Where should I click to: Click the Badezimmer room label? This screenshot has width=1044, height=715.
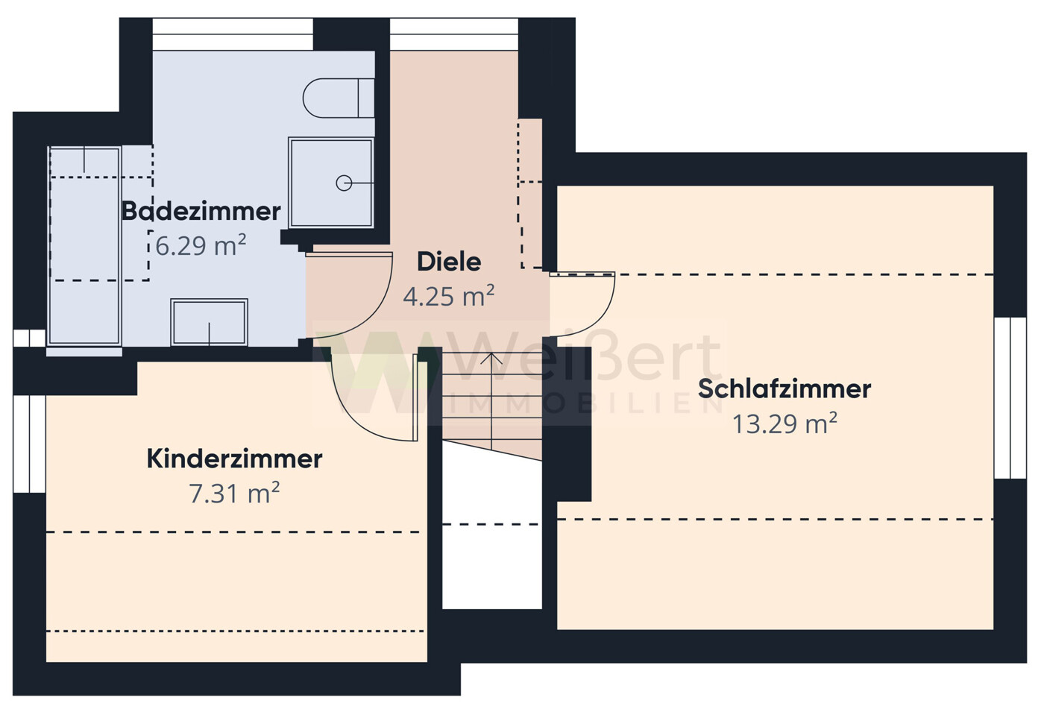tap(201, 211)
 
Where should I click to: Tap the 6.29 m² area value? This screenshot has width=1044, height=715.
tap(201, 245)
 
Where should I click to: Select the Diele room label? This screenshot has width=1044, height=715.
tap(448, 262)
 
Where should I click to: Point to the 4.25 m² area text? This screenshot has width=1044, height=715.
tap(448, 297)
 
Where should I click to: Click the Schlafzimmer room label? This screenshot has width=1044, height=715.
tap(784, 388)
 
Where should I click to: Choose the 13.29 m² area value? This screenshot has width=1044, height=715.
tap(784, 423)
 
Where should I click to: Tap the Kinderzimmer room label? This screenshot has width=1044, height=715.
tap(234, 459)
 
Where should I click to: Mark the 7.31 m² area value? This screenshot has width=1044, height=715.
tap(234, 494)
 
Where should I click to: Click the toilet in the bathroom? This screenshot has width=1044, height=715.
tap(338, 98)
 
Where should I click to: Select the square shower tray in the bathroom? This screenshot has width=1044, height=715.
tap(330, 183)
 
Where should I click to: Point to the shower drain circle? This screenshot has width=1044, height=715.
tap(344, 183)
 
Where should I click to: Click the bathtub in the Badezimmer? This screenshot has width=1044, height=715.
tap(84, 246)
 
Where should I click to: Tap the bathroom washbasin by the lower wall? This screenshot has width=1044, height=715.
tap(209, 322)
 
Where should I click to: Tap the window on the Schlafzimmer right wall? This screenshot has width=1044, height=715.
tap(1010, 397)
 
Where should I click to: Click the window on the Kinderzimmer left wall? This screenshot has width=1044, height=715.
tap(29, 444)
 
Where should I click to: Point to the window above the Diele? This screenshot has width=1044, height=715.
tap(453, 34)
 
